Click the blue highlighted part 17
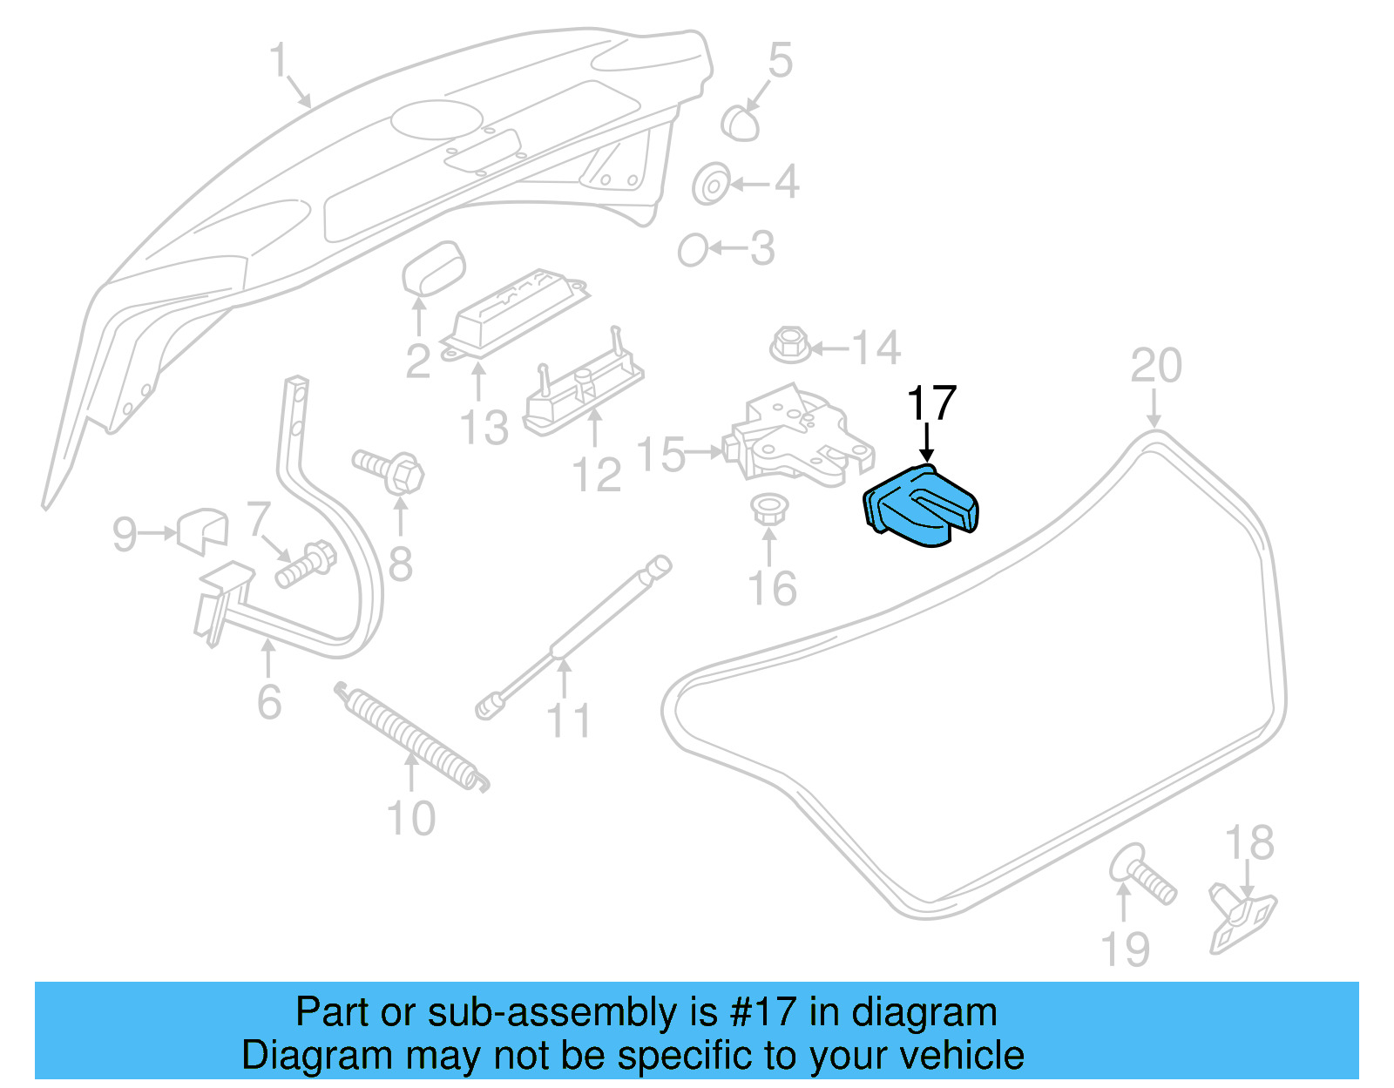[x=920, y=509]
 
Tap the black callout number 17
[x=930, y=404]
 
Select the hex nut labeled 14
[x=790, y=345]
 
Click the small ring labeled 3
[x=693, y=251]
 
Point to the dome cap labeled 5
[x=740, y=123]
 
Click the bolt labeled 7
[x=304, y=564]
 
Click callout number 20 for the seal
[x=1155, y=366]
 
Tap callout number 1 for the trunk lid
[x=278, y=61]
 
